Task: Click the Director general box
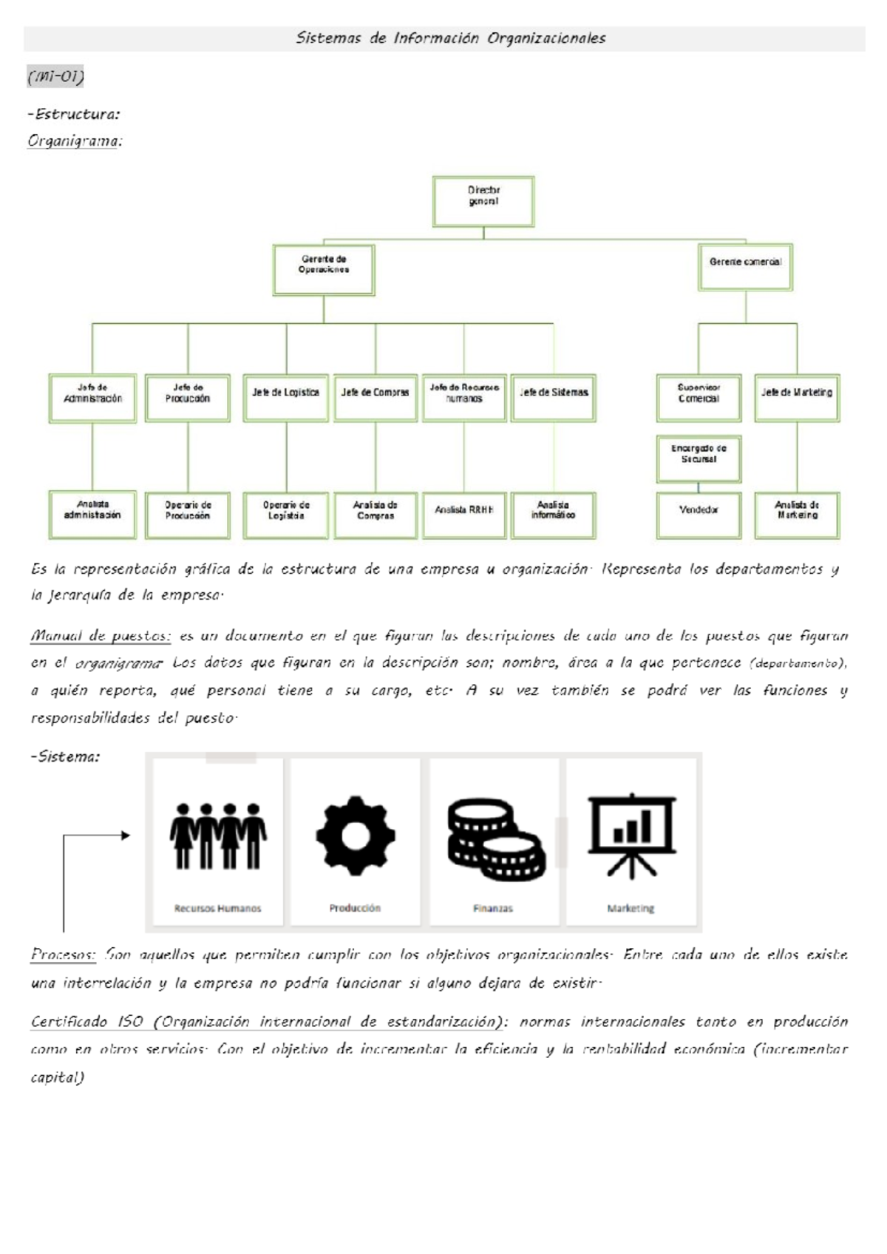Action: pos(483,201)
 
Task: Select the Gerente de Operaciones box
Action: pos(324,270)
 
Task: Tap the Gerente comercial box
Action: pos(745,267)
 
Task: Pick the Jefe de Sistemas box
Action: pos(554,398)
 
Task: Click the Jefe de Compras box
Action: pos(375,398)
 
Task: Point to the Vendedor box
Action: pos(699,515)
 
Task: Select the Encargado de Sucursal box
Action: pos(699,458)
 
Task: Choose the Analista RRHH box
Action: pos(464,515)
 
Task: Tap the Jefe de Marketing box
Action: pos(797,398)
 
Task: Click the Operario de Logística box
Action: pos(286,515)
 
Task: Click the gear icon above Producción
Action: pos(356,836)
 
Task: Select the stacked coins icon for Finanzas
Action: pos(495,839)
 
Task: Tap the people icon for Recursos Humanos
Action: pos(218,836)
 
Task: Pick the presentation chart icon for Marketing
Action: pos(631,836)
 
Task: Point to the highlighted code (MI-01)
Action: pos(55,76)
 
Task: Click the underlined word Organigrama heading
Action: pos(74,140)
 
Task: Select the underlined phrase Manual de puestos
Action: pos(101,636)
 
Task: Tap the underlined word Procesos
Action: pos(63,955)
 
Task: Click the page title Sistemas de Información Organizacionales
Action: pos(450,38)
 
